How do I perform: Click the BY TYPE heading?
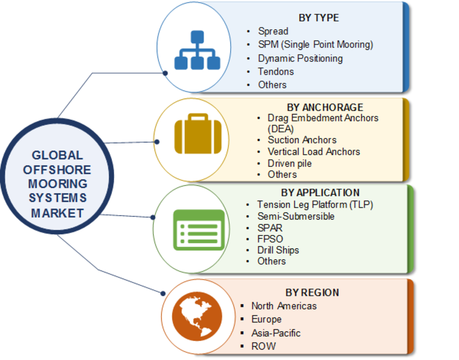[x=318, y=18]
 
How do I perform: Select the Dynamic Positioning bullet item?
[x=300, y=58]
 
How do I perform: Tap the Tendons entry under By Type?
[x=276, y=72]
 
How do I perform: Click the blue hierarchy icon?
[x=197, y=50]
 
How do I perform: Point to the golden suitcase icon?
[x=198, y=134]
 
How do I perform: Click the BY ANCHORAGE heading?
[x=325, y=107]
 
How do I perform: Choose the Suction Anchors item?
[x=302, y=140]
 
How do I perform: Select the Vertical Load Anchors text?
[x=314, y=152]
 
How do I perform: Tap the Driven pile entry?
[x=290, y=163]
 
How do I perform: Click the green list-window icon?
[x=199, y=230]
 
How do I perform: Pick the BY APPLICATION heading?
[x=320, y=193]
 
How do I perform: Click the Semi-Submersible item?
[x=295, y=217]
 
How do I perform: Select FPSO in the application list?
[x=270, y=239]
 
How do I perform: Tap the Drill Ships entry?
[x=278, y=250]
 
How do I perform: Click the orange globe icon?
[x=197, y=316]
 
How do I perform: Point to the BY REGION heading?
[x=312, y=292]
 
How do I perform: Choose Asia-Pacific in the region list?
[x=276, y=333]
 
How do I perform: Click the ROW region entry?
[x=263, y=346]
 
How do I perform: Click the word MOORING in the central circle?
[x=58, y=184]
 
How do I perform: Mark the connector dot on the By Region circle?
[x=163, y=294]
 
